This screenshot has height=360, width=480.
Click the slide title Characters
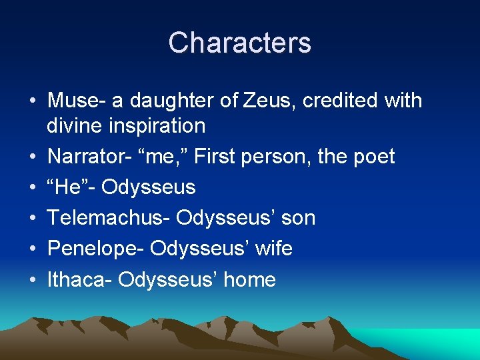coord(239,43)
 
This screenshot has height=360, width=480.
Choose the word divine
coord(74,125)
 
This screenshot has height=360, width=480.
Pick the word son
coord(298,218)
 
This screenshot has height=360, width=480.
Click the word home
coord(249,279)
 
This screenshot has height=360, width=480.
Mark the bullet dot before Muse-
coord(31,101)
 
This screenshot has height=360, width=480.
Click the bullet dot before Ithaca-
coord(31,280)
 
